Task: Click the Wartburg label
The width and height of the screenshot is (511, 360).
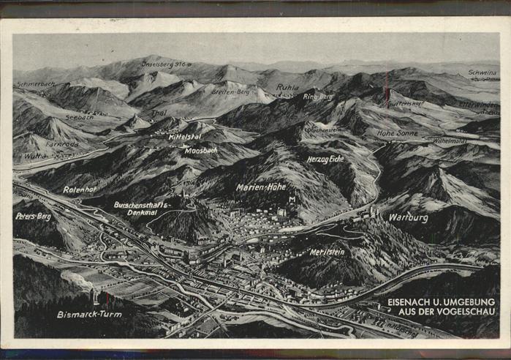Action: tap(408, 217)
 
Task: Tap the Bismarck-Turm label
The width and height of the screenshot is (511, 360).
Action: tap(90, 314)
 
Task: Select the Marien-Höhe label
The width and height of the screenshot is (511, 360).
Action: tap(261, 187)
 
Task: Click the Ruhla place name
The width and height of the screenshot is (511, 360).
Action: tap(287, 87)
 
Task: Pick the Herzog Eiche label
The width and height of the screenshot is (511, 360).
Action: tap(325, 158)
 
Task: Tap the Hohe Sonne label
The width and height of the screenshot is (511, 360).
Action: tap(397, 133)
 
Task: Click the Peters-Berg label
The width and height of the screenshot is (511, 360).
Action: tap(33, 217)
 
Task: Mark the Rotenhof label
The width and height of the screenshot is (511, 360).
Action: tap(80, 190)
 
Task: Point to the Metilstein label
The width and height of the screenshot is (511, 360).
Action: tap(327, 252)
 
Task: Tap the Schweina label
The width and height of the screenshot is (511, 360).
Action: tap(482, 74)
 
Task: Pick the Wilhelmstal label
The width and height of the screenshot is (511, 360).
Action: tap(450, 140)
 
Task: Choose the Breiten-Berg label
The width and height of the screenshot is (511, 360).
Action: tap(230, 93)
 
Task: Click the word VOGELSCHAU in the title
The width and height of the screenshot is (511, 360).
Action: tap(465, 312)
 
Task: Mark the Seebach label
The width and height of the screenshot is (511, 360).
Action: tap(79, 116)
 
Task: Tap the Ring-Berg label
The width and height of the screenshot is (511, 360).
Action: tap(317, 97)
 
